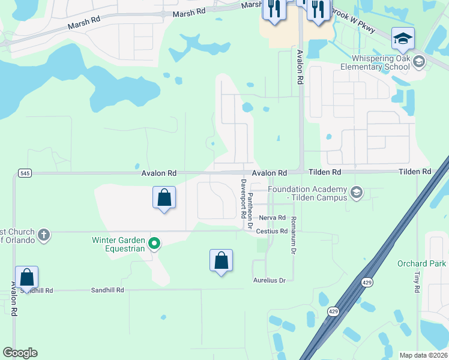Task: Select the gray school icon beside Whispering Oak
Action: [x=418, y=61]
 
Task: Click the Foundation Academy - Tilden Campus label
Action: [x=307, y=193]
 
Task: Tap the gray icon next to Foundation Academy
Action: [x=357, y=192]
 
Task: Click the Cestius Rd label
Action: [x=271, y=231]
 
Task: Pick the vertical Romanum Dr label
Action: [x=294, y=234]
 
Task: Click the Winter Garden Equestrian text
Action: [x=118, y=244]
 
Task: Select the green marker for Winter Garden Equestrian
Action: [x=154, y=243]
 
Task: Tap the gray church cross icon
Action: [x=44, y=235]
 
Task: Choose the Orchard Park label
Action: [x=421, y=263]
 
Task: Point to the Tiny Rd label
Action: [x=417, y=281]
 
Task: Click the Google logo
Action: [x=20, y=353]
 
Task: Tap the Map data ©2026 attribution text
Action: [x=423, y=355]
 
